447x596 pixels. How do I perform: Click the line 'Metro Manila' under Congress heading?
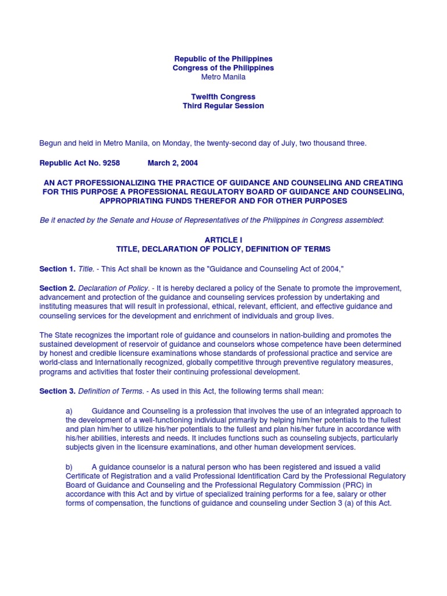(x=223, y=77)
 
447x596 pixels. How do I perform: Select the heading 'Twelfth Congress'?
(x=223, y=97)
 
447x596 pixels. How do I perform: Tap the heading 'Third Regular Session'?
(x=223, y=106)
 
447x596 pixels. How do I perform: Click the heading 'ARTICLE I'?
(x=223, y=240)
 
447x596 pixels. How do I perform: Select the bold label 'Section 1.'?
(x=57, y=268)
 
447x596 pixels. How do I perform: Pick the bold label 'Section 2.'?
(x=57, y=288)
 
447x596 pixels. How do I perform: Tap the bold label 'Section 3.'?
(x=57, y=391)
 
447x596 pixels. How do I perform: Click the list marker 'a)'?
(x=69, y=410)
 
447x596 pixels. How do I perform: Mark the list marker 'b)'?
(x=69, y=466)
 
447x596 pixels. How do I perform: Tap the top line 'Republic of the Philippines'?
(x=223, y=59)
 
